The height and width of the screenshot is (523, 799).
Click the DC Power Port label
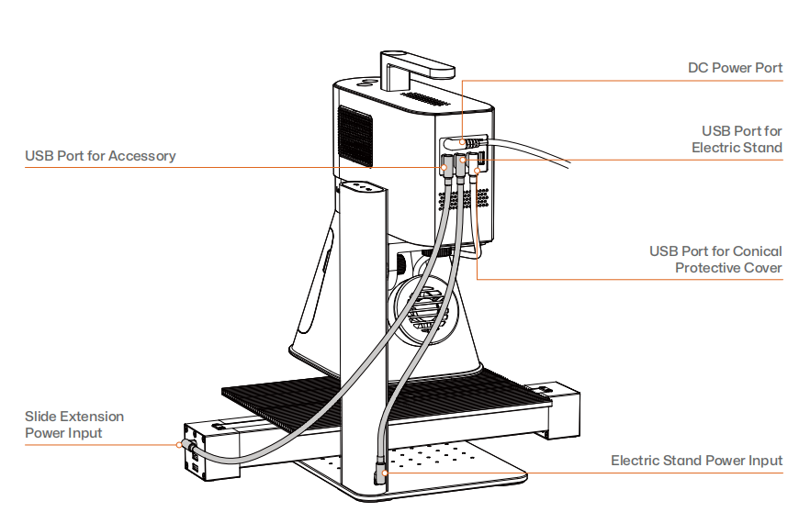735,69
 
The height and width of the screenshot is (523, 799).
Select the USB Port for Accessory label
100,156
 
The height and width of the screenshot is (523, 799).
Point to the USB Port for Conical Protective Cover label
715,260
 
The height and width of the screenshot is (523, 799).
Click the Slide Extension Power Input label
73,425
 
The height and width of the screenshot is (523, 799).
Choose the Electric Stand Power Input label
696,461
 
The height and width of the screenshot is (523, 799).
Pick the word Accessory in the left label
141,156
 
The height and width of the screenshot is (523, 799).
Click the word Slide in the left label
42,417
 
